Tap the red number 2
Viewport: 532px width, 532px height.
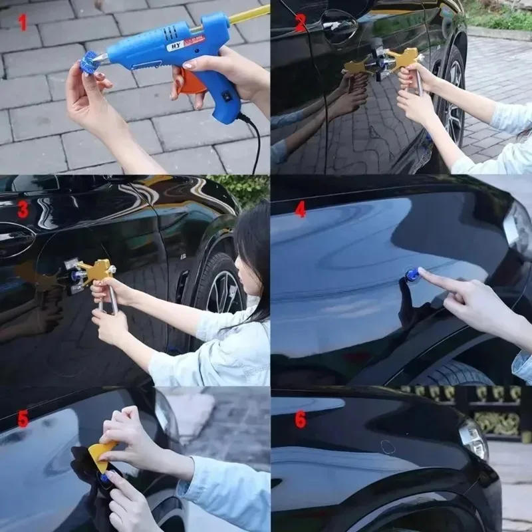[x=300, y=23]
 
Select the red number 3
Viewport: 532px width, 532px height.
[x=23, y=209]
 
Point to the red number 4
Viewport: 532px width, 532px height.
[x=301, y=209]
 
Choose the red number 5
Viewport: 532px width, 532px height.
[x=23, y=419]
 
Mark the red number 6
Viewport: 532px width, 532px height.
[x=301, y=419]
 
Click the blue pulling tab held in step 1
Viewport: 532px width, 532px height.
[x=88, y=65]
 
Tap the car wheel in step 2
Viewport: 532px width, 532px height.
[x=453, y=100]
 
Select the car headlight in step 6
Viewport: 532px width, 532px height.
[x=473, y=440]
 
